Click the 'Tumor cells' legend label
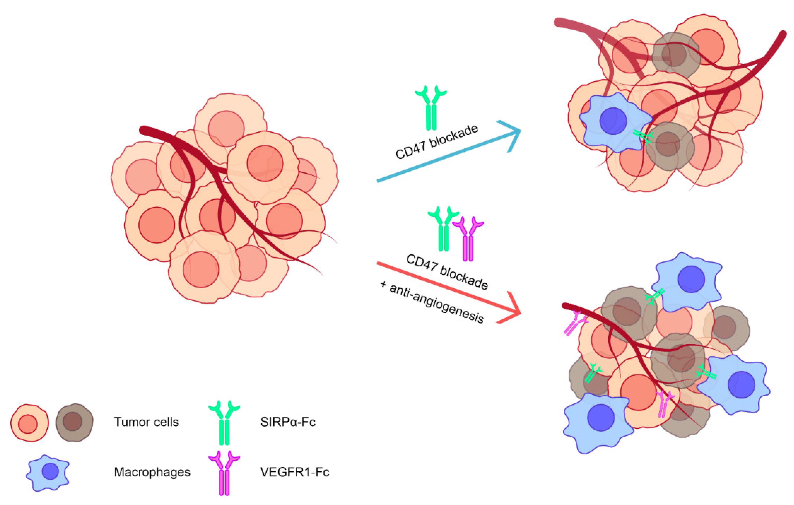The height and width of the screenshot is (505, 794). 146,422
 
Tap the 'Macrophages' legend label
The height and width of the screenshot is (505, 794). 152,472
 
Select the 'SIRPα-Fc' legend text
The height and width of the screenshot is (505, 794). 287,422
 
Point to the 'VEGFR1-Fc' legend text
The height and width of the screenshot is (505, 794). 294,472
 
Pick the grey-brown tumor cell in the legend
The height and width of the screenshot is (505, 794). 74,422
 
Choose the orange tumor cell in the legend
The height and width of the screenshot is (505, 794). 29,423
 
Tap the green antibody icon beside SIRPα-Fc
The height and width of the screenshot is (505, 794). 224,423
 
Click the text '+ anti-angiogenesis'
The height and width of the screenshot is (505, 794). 432,303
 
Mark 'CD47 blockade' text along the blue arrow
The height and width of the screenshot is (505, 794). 437,142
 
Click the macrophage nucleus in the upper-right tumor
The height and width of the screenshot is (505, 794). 613,121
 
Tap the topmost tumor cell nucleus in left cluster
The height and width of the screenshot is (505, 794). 226,129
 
